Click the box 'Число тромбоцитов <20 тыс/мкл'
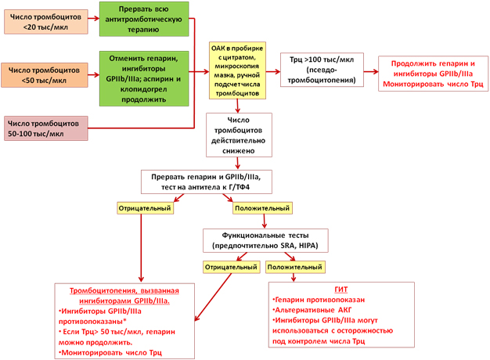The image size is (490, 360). pyautogui.click(x=46, y=22)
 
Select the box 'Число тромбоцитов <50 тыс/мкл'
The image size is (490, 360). pyautogui.click(x=45, y=75)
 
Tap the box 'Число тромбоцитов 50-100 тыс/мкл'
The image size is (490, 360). pyautogui.click(x=46, y=128)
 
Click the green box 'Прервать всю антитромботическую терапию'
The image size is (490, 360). pyautogui.click(x=144, y=19)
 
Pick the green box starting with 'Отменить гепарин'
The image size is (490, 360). pyautogui.click(x=144, y=79)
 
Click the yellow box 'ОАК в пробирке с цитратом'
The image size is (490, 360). pyautogui.click(x=237, y=70)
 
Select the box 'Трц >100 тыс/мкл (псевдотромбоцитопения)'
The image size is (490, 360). pyautogui.click(x=322, y=70)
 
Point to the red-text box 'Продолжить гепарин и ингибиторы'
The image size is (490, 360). pyautogui.click(x=433, y=74)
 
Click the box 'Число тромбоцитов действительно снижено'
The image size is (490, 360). pyautogui.click(x=239, y=135)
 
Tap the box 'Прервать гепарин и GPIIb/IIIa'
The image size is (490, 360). pyautogui.click(x=206, y=182)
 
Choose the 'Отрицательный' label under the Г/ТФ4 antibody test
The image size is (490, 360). pyautogui.click(x=145, y=208)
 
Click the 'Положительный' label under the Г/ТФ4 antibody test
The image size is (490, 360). pyautogui.click(x=262, y=208)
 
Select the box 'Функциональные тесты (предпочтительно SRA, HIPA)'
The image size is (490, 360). pyautogui.click(x=265, y=240)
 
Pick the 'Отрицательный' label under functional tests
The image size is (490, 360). pyautogui.click(x=231, y=267)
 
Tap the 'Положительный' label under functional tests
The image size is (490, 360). pyautogui.click(x=295, y=267)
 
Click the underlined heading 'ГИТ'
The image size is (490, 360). pyautogui.click(x=341, y=290)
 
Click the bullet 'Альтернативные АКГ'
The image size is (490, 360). pyautogui.click(x=312, y=310)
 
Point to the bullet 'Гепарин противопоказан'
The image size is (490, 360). pyautogui.click(x=319, y=300)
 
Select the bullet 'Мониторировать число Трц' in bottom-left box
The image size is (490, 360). pyautogui.click(x=110, y=353)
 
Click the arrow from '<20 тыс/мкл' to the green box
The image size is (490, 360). pyautogui.click(x=94, y=19)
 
